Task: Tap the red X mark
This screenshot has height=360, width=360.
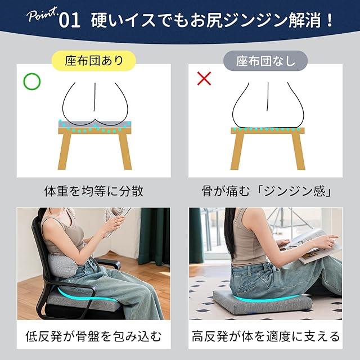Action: [204, 78]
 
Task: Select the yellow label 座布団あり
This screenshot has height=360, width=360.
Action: [94, 61]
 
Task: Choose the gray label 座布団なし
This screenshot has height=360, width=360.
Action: [265, 61]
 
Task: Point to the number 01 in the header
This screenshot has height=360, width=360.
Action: [70, 21]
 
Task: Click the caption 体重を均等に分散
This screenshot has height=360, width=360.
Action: [94, 191]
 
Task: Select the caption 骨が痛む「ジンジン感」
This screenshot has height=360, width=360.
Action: [266, 191]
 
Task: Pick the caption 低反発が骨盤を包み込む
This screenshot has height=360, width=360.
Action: [94, 336]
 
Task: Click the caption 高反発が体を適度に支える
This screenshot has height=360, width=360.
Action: [265, 336]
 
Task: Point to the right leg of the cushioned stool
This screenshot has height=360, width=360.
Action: [125, 151]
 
